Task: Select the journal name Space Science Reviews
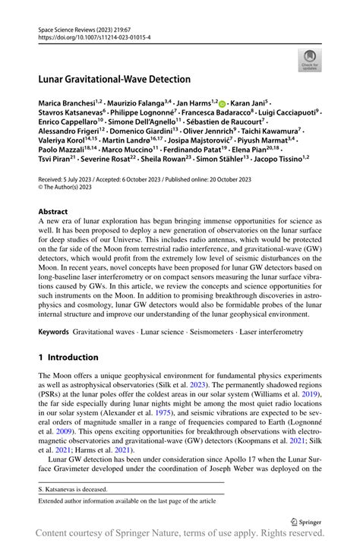tap(65, 27)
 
